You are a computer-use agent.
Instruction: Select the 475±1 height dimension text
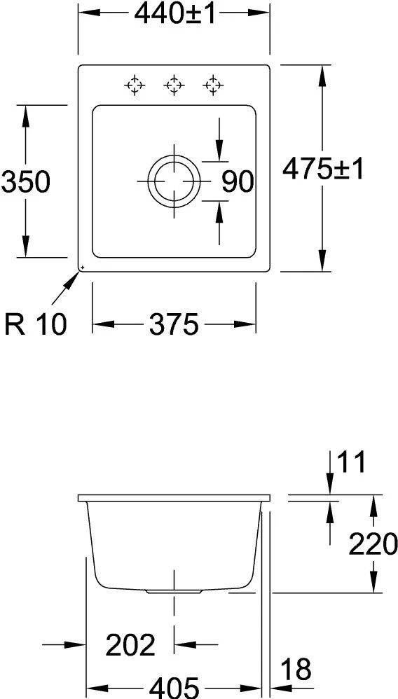point(323,169)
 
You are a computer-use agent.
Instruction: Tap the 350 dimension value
point(25,182)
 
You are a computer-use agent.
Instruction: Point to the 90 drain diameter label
point(237,182)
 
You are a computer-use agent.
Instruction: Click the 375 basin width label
point(173,324)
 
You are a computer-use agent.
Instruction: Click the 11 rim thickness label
point(352,463)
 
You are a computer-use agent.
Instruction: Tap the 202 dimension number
point(130,645)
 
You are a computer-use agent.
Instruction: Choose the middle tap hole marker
point(173,85)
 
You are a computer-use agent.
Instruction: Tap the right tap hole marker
point(212,85)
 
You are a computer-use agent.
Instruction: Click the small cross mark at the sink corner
point(81,267)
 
